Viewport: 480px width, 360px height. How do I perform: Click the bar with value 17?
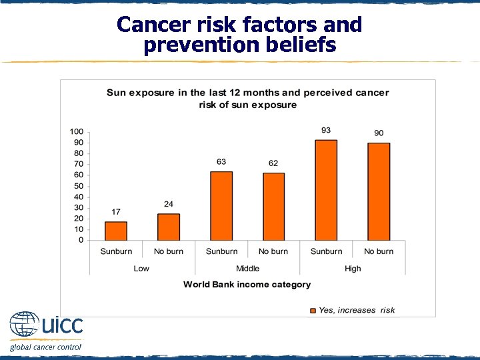pos(116,231)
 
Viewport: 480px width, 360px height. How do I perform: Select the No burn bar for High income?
pos(379,191)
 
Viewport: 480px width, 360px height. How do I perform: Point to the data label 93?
pos(326,130)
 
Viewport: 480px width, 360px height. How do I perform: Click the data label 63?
pos(221,162)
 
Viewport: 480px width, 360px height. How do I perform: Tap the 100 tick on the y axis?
pos(77,131)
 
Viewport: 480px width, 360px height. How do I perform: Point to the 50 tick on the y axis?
pos(79,186)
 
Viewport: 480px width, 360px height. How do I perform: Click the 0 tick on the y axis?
pos(81,240)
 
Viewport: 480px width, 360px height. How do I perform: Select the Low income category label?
pos(141,269)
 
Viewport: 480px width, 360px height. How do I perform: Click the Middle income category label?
pos(247,269)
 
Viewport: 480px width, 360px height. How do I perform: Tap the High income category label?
pos(353,269)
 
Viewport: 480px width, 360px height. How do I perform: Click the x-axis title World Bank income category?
pos(247,285)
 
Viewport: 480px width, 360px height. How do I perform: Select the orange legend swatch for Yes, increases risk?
pos(313,310)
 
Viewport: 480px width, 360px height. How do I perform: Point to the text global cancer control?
pos(45,347)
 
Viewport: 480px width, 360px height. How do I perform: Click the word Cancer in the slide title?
pos(150,25)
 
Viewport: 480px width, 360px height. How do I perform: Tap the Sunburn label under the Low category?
pos(116,251)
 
